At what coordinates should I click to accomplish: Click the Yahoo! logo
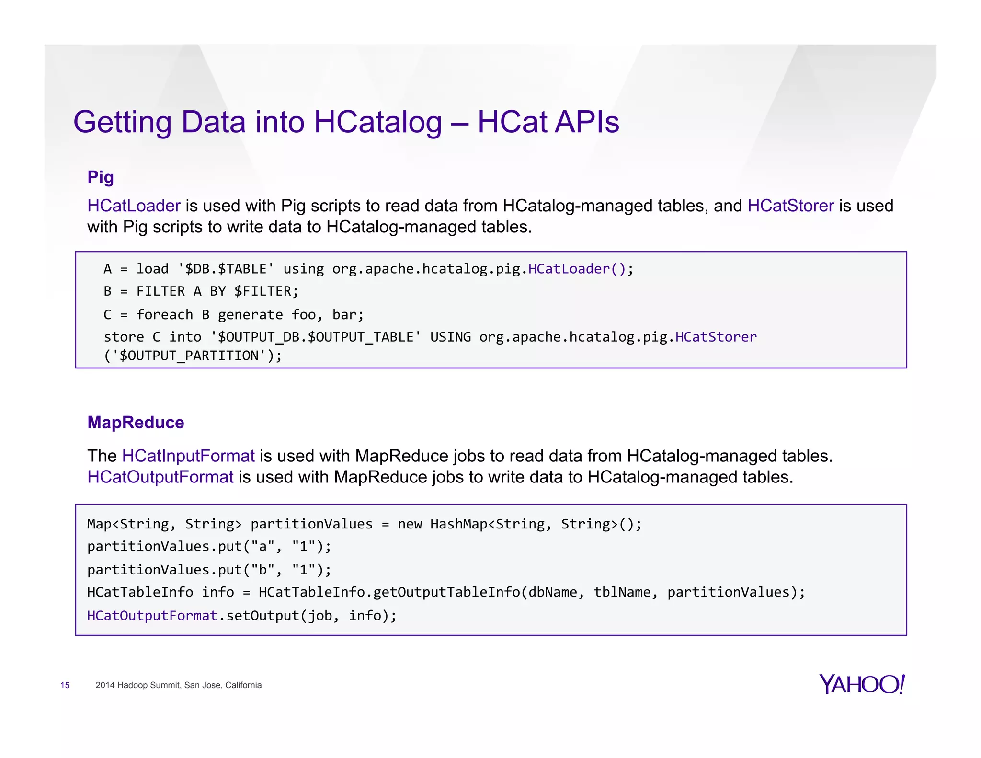click(861, 684)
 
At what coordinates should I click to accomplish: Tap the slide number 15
click(65, 685)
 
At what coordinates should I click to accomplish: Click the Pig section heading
click(101, 177)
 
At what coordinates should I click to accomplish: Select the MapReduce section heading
click(136, 423)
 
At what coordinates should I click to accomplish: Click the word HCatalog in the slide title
click(378, 122)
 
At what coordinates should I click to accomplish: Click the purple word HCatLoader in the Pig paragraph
click(134, 206)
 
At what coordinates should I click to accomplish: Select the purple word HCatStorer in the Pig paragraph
click(790, 206)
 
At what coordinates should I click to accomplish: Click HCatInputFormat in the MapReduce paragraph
click(188, 456)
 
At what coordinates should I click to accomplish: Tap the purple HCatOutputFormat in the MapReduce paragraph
click(160, 477)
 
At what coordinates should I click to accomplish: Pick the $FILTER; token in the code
click(266, 291)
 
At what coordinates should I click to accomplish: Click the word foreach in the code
click(165, 315)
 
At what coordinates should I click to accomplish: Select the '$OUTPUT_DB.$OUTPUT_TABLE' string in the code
click(316, 337)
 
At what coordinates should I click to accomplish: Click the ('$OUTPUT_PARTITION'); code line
click(193, 356)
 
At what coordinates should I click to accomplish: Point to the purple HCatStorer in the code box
click(716, 337)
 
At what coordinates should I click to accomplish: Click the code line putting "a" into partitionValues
click(209, 546)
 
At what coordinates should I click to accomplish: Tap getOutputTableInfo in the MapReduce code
click(446, 592)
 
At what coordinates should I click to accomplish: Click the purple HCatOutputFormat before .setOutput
click(152, 616)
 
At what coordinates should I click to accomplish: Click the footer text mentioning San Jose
click(178, 685)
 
